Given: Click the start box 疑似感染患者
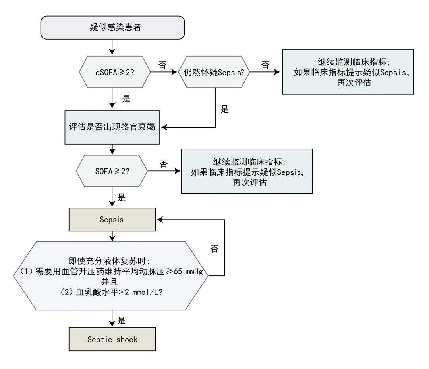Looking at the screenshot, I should point(112,28).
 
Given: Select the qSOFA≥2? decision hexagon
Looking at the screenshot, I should point(115,73).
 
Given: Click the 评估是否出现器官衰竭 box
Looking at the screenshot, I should point(112,128).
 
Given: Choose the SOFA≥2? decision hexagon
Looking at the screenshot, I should point(112,171).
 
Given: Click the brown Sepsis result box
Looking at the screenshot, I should point(112,219).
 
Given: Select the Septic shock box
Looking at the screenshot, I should point(112,340).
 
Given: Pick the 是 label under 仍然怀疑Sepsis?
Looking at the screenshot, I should point(225,109).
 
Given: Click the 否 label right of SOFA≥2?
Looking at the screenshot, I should point(163,164).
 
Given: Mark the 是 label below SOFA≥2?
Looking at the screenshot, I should point(122,197).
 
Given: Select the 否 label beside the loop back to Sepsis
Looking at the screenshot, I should point(214,249).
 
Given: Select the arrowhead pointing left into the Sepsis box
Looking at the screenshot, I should point(160,219).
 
